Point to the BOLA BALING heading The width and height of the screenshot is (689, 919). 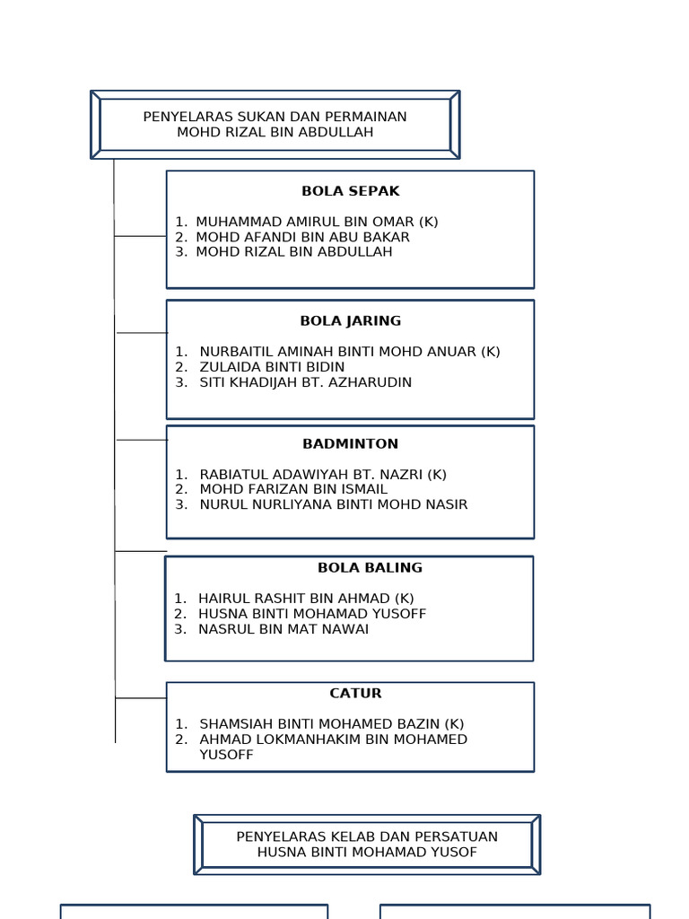370,567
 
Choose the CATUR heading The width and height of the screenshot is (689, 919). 355,693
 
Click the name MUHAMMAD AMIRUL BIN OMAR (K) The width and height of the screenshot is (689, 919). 317,222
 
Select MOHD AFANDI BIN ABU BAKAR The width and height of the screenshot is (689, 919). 302,237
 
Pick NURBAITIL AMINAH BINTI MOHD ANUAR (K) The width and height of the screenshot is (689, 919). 350,352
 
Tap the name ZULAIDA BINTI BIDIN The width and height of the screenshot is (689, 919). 272,367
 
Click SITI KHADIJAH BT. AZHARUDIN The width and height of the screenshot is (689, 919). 305,382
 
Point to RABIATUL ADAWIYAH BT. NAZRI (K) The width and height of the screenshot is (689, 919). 323,474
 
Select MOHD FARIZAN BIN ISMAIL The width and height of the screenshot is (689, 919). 293,489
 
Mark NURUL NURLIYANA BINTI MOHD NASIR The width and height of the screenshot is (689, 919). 334,504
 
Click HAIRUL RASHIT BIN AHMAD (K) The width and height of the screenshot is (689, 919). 306,598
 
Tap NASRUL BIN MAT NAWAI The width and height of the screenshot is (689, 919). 283,629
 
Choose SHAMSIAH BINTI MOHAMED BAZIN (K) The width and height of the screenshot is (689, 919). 332,723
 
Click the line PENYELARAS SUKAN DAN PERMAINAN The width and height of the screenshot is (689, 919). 275,117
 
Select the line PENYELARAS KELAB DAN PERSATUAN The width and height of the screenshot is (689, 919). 367,836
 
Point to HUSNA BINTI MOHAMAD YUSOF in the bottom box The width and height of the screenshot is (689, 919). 367,852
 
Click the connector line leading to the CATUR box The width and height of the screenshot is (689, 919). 141,697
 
